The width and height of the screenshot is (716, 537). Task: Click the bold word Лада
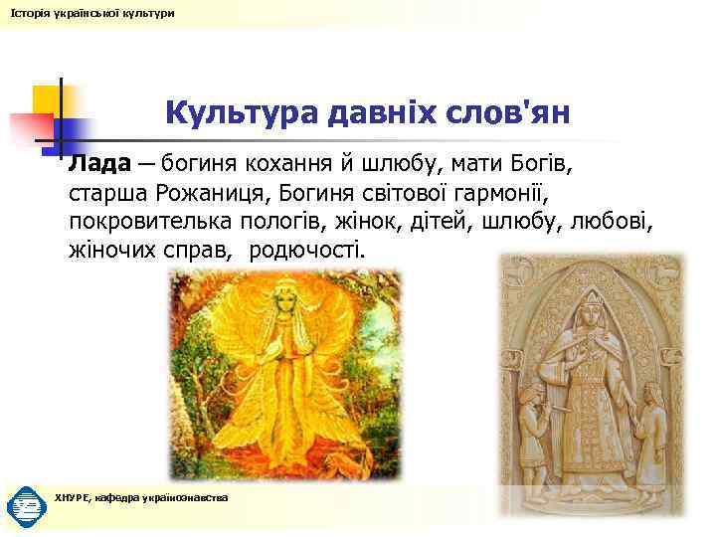pos(98,161)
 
